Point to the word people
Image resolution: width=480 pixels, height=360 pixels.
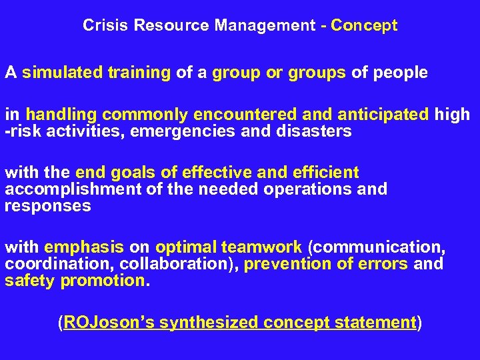[x=399, y=73]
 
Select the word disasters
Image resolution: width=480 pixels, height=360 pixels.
[x=313, y=131]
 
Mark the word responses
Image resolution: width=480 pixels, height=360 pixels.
[x=47, y=206]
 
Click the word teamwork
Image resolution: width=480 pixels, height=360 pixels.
[x=264, y=247]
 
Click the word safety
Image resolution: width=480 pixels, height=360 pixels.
[x=29, y=281]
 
